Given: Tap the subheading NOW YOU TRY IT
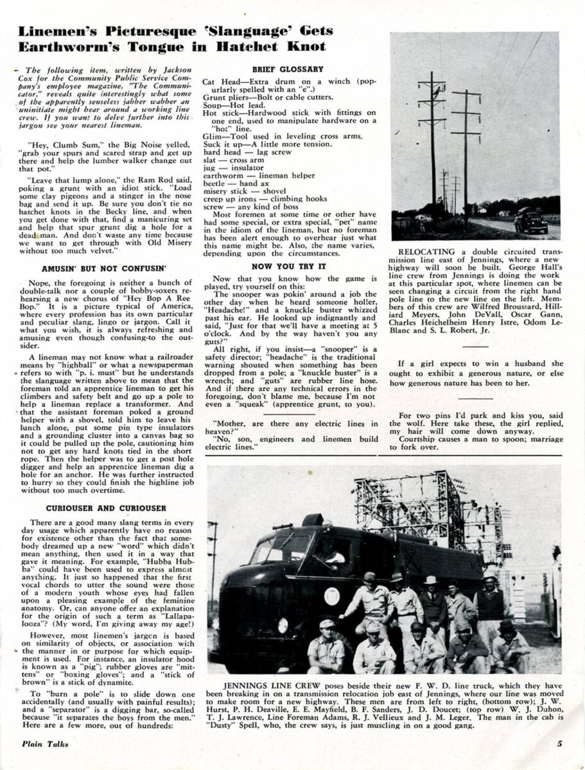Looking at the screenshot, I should tap(288, 266).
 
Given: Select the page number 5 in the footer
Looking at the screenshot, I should tap(560, 744).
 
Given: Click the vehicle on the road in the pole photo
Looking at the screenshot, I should tap(530, 222).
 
